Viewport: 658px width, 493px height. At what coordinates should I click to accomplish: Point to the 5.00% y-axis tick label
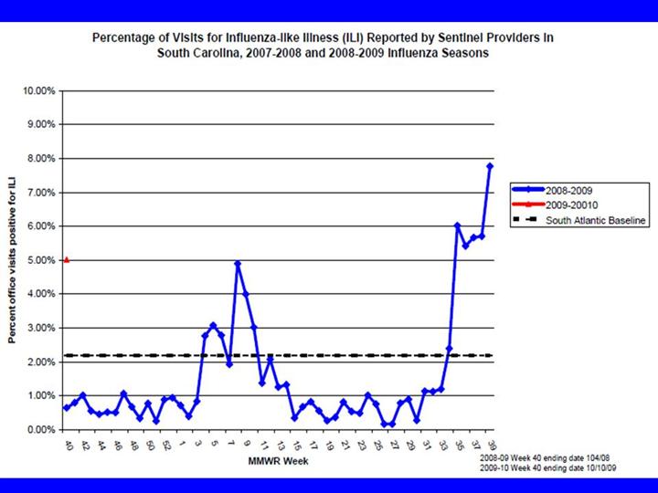pyautogui.click(x=39, y=260)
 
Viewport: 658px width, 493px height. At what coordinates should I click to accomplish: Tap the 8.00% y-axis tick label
pyautogui.click(x=39, y=159)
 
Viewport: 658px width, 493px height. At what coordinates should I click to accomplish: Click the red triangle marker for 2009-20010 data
pyautogui.click(x=66, y=260)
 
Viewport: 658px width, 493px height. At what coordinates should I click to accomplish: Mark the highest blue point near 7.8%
pyautogui.click(x=490, y=165)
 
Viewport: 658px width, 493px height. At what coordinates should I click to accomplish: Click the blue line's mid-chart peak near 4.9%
pyautogui.click(x=238, y=264)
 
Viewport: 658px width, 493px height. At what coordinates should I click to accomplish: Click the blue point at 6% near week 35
pyautogui.click(x=457, y=226)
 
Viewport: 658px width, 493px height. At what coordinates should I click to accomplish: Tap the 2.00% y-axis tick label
pyautogui.click(x=39, y=362)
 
